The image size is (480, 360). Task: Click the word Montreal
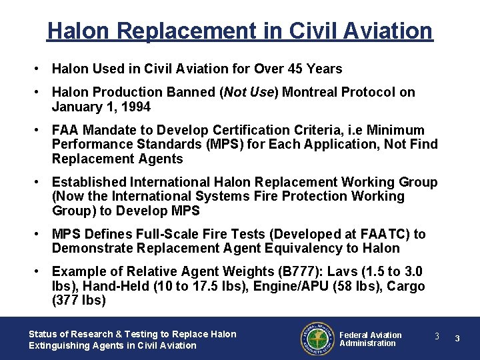pyautogui.click(x=310, y=92)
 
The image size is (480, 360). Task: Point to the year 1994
pyautogui.click(x=136, y=107)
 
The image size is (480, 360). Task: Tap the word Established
pyautogui.click(x=89, y=182)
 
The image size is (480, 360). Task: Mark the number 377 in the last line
pyautogui.click(x=67, y=301)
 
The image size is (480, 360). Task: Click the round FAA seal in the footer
pyautogui.click(x=317, y=339)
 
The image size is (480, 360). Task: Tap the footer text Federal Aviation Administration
pyautogui.click(x=371, y=339)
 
